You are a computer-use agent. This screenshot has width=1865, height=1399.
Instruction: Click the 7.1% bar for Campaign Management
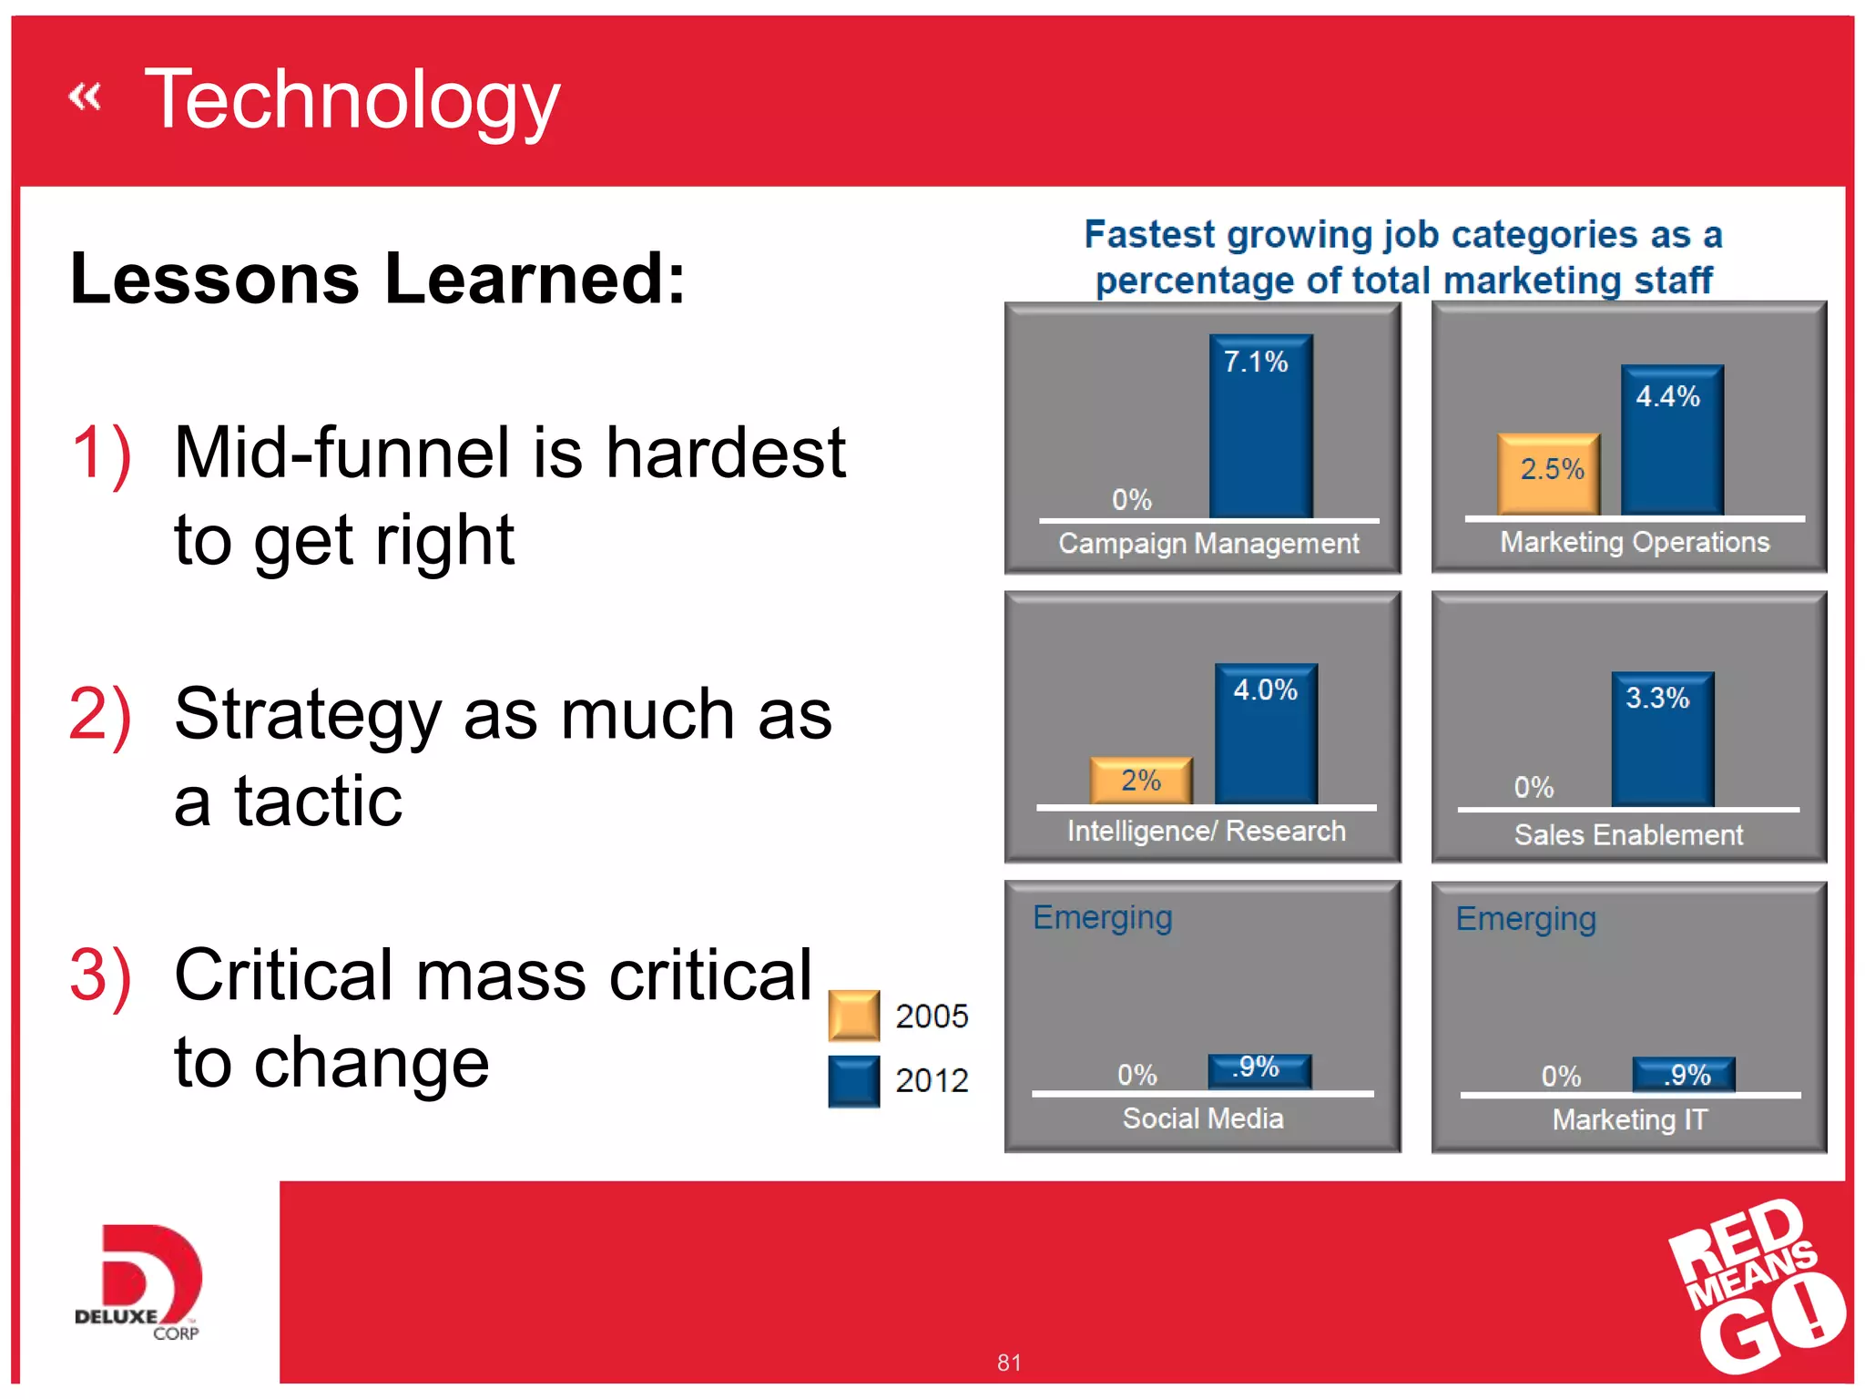click(x=1260, y=425)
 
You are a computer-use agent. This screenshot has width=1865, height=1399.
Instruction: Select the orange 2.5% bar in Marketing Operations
click(x=1548, y=474)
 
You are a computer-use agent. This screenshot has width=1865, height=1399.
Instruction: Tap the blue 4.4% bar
click(x=1672, y=440)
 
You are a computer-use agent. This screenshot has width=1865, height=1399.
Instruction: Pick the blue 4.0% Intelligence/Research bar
click(x=1266, y=733)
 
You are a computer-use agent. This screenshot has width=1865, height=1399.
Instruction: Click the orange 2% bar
click(x=1141, y=780)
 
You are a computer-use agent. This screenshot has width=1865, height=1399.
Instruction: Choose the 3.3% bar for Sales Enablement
click(x=1662, y=739)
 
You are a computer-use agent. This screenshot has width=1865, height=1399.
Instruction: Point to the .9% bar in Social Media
click(x=1259, y=1070)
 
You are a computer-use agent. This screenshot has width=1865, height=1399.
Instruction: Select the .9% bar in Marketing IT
click(x=1683, y=1074)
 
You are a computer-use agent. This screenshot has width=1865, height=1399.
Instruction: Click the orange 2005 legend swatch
click(x=853, y=1015)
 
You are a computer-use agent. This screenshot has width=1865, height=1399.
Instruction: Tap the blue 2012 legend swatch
click(x=853, y=1080)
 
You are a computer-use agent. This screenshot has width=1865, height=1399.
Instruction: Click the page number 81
click(x=1008, y=1363)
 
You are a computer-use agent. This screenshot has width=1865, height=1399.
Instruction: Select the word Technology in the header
click(x=352, y=100)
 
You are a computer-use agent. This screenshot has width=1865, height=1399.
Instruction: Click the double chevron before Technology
click(x=85, y=96)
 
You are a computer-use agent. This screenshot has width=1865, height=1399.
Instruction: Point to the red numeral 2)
click(x=100, y=715)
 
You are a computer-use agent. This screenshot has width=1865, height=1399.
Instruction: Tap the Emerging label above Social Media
click(x=1102, y=917)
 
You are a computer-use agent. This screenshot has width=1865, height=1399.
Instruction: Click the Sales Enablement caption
click(x=1628, y=834)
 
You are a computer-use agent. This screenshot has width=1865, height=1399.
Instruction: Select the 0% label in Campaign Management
click(x=1131, y=499)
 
